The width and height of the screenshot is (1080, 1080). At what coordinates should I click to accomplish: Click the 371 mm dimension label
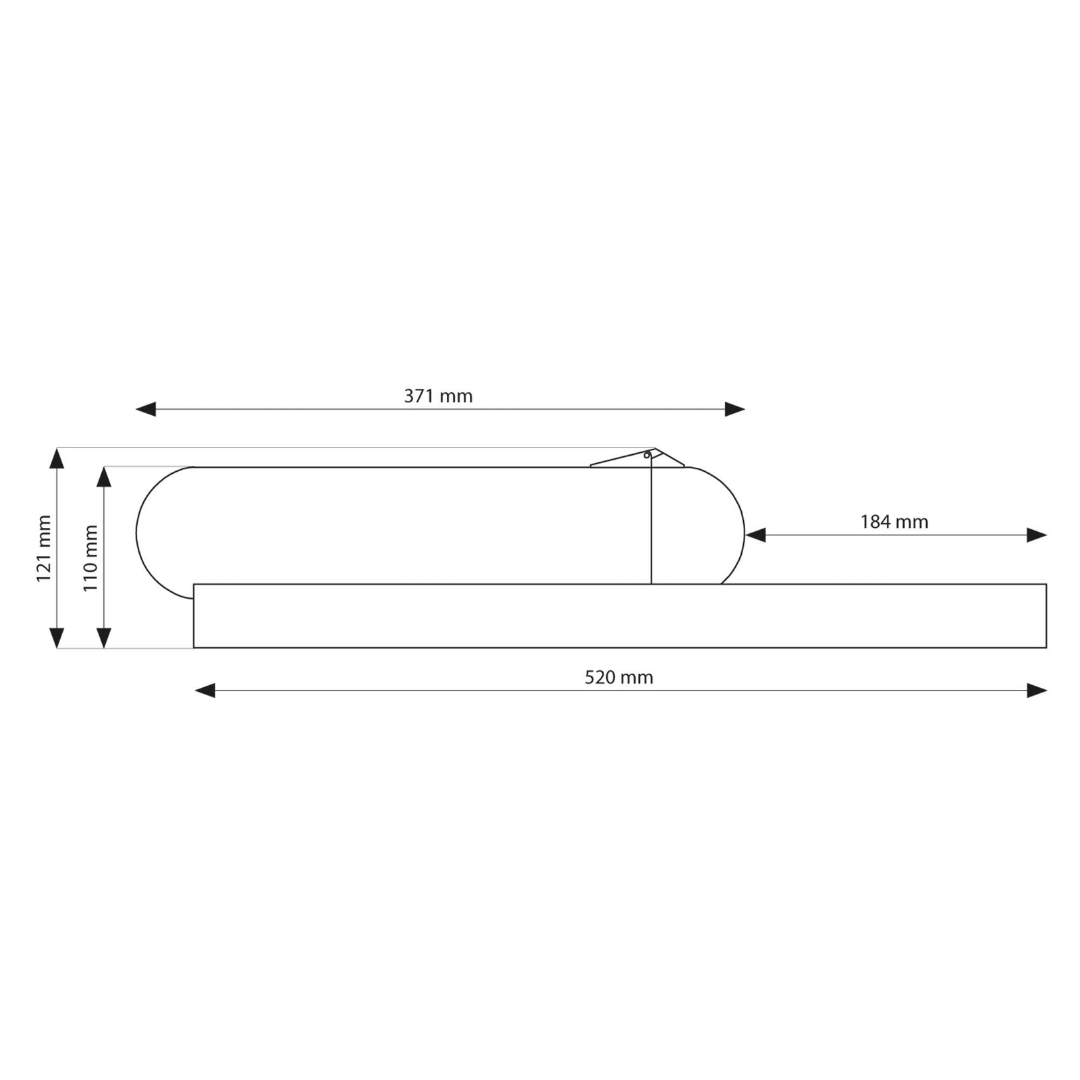(x=438, y=396)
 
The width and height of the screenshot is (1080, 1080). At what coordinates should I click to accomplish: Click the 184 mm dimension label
(x=894, y=522)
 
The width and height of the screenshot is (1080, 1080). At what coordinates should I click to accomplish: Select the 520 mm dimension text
(x=618, y=677)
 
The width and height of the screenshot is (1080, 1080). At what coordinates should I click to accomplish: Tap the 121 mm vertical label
(x=44, y=548)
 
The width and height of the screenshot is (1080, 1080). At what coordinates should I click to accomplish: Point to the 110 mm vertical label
(x=90, y=558)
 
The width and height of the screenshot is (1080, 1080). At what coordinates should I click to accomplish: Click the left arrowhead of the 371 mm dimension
(x=146, y=409)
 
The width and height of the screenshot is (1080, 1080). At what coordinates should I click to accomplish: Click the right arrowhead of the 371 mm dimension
(x=734, y=409)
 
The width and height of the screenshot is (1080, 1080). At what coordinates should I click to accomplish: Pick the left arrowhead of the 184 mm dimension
(x=755, y=535)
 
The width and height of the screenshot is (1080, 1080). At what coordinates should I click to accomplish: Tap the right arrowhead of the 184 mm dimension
(x=1036, y=535)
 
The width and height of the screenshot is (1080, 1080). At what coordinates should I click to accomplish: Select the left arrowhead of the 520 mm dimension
(x=205, y=691)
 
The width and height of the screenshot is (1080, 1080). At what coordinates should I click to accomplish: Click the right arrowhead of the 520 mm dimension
(x=1036, y=691)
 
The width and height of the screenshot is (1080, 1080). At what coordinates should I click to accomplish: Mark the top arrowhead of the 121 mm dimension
(x=57, y=458)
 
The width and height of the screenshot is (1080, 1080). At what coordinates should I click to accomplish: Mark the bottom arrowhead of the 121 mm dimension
(x=57, y=638)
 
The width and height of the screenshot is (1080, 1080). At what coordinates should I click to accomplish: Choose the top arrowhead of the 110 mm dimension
(x=104, y=477)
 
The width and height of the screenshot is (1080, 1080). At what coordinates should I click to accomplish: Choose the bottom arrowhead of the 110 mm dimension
(x=104, y=638)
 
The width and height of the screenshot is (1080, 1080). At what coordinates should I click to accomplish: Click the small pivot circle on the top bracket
(x=647, y=456)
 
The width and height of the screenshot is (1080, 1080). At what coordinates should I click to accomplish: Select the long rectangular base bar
(x=620, y=616)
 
